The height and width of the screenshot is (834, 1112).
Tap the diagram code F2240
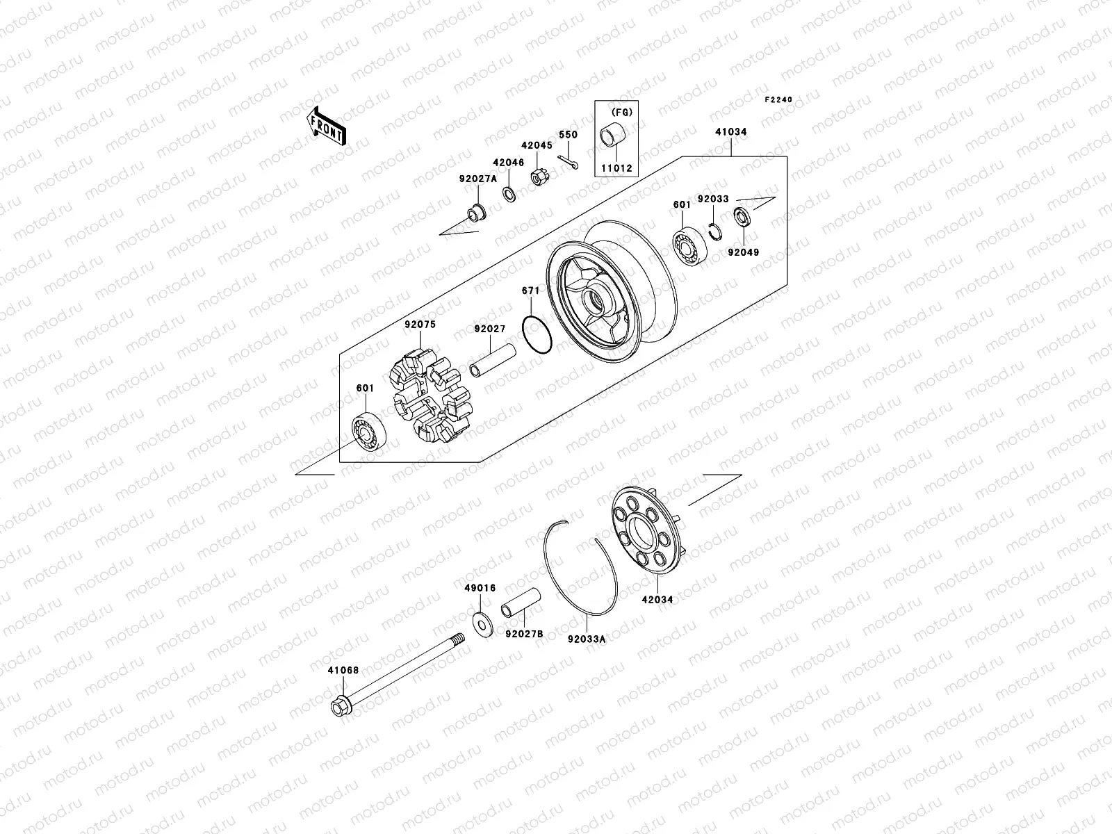pos(778,100)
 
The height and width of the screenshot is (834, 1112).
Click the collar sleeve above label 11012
pos(616,133)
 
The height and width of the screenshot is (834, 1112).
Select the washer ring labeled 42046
pos(509,193)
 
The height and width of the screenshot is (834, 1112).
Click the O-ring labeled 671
pos(537,334)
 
